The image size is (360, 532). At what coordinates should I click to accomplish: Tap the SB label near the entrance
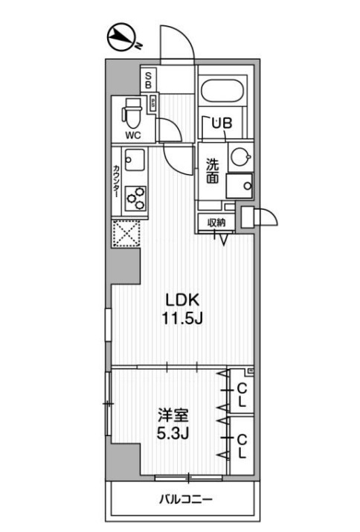[148, 79]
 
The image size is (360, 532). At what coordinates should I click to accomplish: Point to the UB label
[221, 124]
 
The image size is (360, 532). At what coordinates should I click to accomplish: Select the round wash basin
[240, 157]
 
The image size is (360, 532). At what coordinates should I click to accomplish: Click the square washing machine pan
[239, 185]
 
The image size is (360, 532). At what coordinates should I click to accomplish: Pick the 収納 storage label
[216, 222]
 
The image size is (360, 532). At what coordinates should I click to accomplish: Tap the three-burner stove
[136, 196]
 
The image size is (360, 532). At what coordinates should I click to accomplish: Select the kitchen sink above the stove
[135, 160]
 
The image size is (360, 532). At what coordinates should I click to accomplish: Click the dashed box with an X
[125, 234]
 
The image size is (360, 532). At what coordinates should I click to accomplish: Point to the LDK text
[180, 301]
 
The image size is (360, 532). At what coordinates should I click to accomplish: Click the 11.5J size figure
[180, 319]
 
